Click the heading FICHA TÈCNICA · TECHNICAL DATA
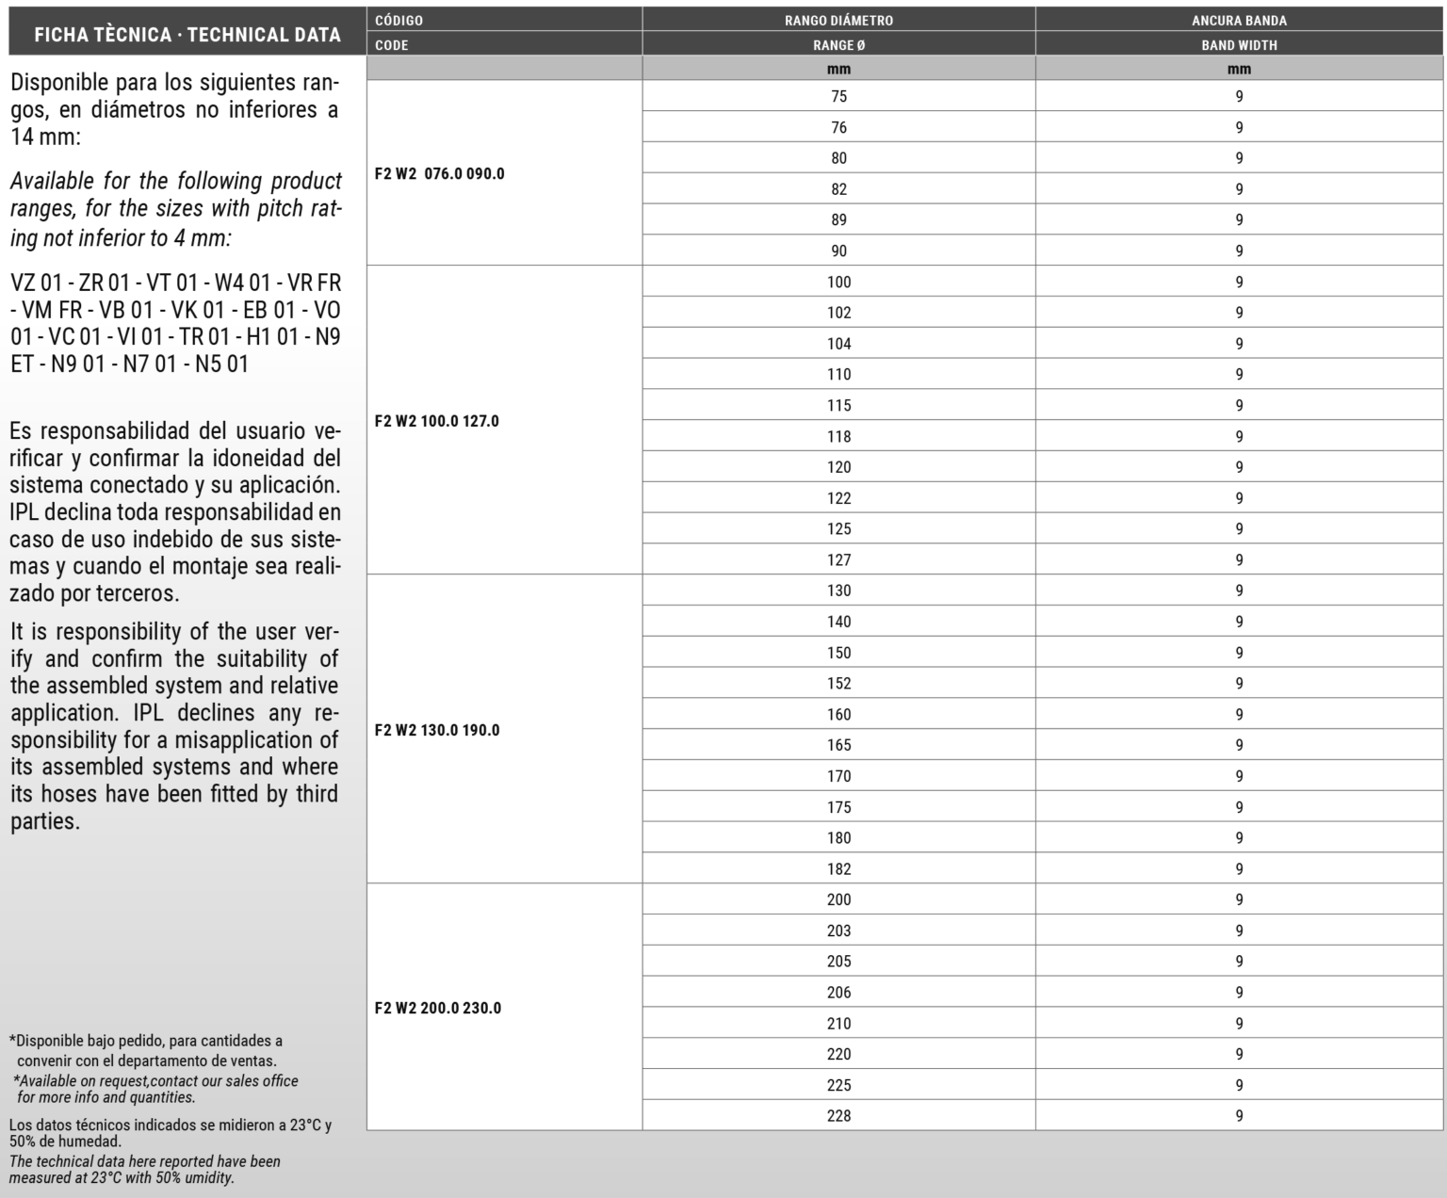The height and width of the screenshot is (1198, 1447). click(x=187, y=36)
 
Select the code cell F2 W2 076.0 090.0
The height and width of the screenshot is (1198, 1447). click(x=439, y=174)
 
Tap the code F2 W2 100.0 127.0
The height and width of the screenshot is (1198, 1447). click(x=436, y=421)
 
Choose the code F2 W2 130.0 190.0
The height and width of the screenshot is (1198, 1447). click(x=436, y=730)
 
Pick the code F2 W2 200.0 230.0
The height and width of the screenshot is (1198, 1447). click(x=437, y=1008)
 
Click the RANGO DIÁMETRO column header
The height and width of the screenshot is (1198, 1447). click(x=838, y=20)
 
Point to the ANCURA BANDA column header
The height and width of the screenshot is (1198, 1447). click(x=1239, y=20)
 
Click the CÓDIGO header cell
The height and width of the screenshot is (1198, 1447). click(x=399, y=20)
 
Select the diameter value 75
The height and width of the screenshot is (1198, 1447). click(x=838, y=96)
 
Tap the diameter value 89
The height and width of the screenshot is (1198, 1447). click(x=838, y=220)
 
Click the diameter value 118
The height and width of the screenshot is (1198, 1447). click(x=838, y=436)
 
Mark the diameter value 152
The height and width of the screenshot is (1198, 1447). click(x=838, y=684)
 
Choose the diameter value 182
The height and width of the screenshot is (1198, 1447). click(x=838, y=869)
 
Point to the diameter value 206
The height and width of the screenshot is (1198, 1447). click(x=838, y=993)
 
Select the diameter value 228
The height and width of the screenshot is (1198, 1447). click(x=838, y=1116)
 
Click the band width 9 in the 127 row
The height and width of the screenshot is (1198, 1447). click(x=1239, y=560)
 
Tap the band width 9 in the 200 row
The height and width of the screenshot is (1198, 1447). click(x=1239, y=900)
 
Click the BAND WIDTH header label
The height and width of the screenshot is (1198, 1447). click(x=1239, y=45)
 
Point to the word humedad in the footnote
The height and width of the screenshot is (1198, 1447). click(x=89, y=1141)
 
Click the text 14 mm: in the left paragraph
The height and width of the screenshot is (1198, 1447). click(x=46, y=138)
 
